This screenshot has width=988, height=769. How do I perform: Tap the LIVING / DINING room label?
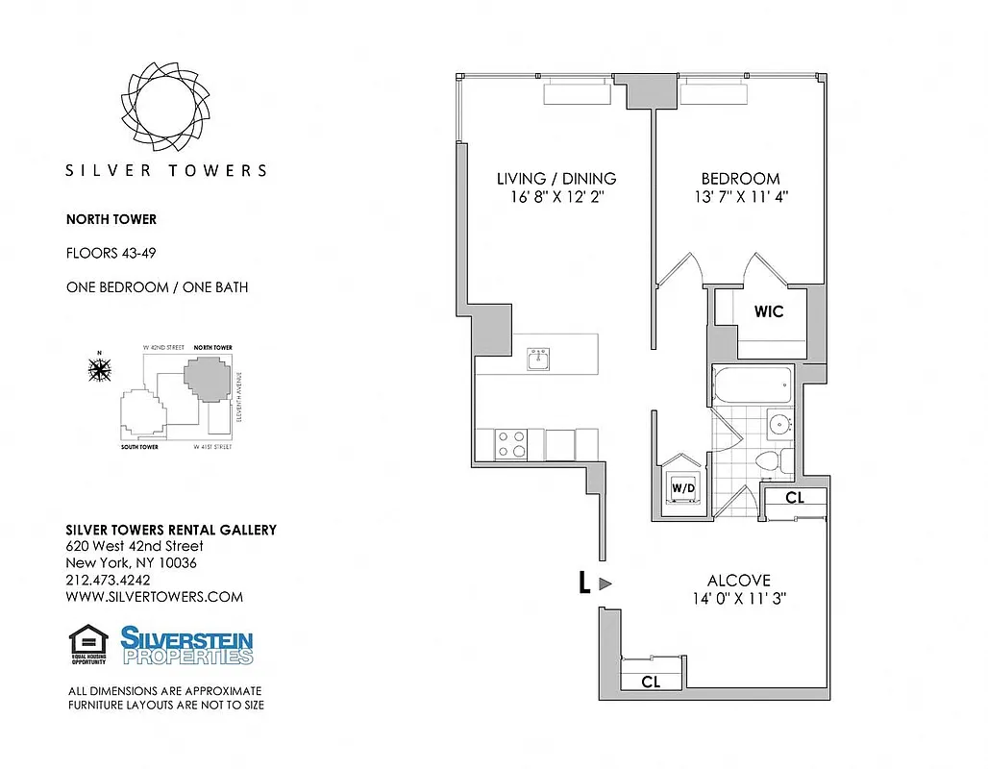click(556, 179)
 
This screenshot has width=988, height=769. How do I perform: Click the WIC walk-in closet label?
click(768, 311)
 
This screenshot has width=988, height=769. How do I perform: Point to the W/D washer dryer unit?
click(683, 487)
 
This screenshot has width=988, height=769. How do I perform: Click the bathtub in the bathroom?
click(752, 386)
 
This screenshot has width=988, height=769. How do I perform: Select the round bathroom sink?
click(778, 423)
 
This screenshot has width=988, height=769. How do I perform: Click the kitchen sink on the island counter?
click(537, 360)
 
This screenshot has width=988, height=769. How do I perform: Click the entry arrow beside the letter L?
click(605, 583)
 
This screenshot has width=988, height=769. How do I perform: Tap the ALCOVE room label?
click(738, 581)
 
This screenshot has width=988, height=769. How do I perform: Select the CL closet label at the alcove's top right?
click(794, 498)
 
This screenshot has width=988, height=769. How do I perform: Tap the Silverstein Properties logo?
click(187, 645)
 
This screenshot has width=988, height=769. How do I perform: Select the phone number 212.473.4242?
click(108, 580)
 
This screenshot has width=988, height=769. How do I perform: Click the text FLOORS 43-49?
click(111, 254)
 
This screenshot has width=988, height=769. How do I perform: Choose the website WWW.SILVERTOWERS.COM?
click(154, 596)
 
